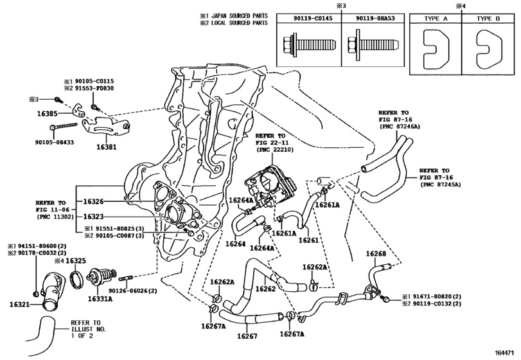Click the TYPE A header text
tap(436, 19)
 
